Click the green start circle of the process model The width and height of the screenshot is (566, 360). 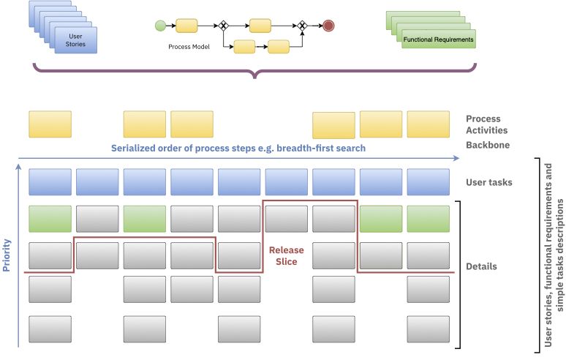pyautogui.click(x=159, y=26)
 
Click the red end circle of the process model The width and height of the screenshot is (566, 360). pyautogui.click(x=328, y=26)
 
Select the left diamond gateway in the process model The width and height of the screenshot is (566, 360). pyautogui.click(x=224, y=26)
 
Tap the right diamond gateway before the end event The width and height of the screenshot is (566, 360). pyautogui.click(x=302, y=26)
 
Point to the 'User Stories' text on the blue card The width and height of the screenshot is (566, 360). pyautogui.click(x=76, y=40)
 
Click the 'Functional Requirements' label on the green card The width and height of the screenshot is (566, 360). pyautogui.click(x=438, y=40)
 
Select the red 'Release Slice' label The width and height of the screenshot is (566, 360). pyautogui.click(x=287, y=255)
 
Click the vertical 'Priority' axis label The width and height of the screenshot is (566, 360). pyautogui.click(x=7, y=255)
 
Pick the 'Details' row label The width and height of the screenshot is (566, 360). pyautogui.click(x=481, y=266)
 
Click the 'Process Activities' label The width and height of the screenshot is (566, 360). pyautogui.click(x=483, y=124)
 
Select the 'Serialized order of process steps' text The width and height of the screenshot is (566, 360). pyautogui.click(x=238, y=148)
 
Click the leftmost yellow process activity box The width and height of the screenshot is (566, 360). pyautogui.click(x=50, y=124)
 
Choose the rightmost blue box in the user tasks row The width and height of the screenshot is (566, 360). pyautogui.click(x=428, y=181)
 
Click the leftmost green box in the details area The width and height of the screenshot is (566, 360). pyautogui.click(x=50, y=218)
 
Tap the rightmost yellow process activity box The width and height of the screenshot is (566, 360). pyautogui.click(x=428, y=124)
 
